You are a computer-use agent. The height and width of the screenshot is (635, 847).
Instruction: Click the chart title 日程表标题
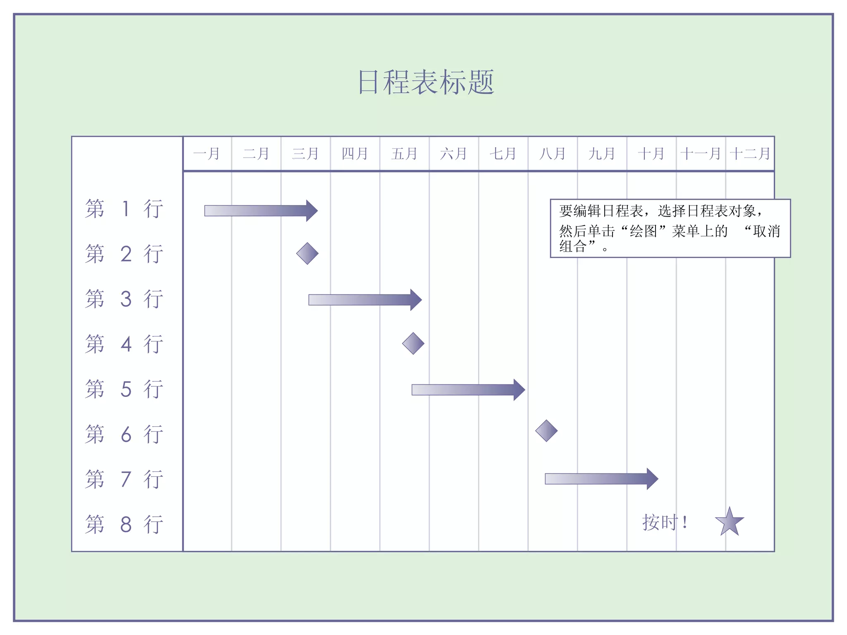click(426, 82)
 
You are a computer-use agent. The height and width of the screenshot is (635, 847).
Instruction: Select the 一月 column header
click(206, 154)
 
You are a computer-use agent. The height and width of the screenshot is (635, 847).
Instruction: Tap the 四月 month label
click(355, 154)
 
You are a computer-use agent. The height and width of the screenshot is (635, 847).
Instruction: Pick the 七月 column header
click(503, 154)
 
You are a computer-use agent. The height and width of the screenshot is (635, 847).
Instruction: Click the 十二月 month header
click(750, 154)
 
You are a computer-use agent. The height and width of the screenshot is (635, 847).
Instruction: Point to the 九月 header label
click(602, 154)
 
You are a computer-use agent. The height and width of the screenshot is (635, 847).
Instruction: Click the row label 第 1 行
click(124, 208)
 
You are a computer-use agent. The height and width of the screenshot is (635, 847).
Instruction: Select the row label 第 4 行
click(124, 344)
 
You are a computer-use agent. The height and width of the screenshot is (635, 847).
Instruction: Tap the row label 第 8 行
click(124, 524)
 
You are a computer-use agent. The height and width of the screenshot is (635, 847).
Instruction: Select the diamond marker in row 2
click(307, 253)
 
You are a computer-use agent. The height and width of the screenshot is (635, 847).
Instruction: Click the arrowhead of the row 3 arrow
click(416, 300)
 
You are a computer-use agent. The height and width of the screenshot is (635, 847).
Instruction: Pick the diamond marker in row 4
click(413, 344)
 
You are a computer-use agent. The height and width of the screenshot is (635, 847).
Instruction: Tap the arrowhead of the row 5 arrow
click(519, 389)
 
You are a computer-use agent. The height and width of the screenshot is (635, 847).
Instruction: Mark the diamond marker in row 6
click(546, 431)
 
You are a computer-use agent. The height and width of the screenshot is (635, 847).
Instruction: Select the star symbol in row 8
click(730, 522)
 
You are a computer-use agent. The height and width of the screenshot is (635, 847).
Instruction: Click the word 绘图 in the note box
click(643, 231)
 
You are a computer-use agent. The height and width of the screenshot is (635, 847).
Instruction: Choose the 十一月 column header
click(701, 154)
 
